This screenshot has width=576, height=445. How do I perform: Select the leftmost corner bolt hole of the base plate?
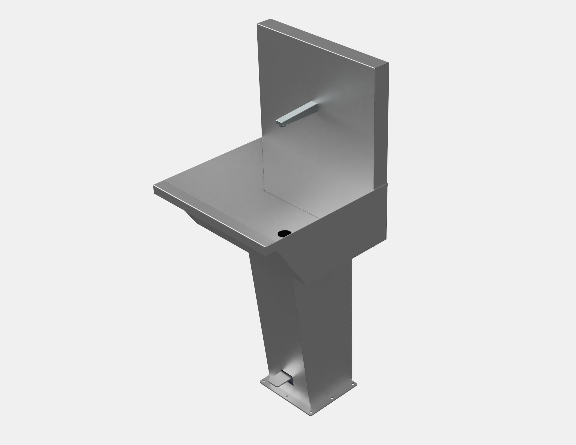[x=264, y=381]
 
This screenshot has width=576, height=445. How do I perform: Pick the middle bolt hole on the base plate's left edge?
[x=287, y=396]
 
